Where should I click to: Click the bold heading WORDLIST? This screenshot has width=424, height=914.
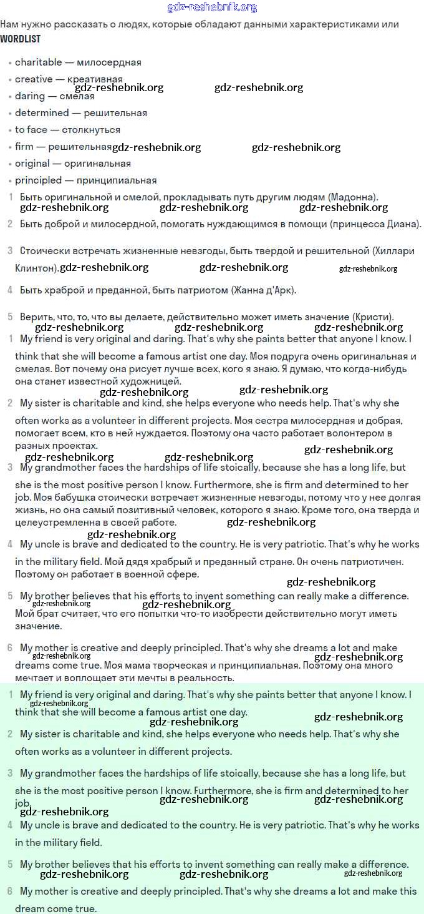click(x=20, y=39)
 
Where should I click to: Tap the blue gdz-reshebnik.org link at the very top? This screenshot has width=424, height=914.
click(x=212, y=7)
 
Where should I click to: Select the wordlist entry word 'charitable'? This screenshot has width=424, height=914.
click(x=39, y=62)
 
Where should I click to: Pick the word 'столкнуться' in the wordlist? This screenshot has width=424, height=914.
click(x=91, y=130)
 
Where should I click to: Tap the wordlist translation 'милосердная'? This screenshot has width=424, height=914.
click(x=109, y=62)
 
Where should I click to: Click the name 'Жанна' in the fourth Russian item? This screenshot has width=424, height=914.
click(x=250, y=290)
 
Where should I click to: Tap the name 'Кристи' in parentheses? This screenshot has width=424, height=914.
click(x=375, y=317)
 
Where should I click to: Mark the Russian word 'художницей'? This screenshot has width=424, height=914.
click(x=153, y=381)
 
